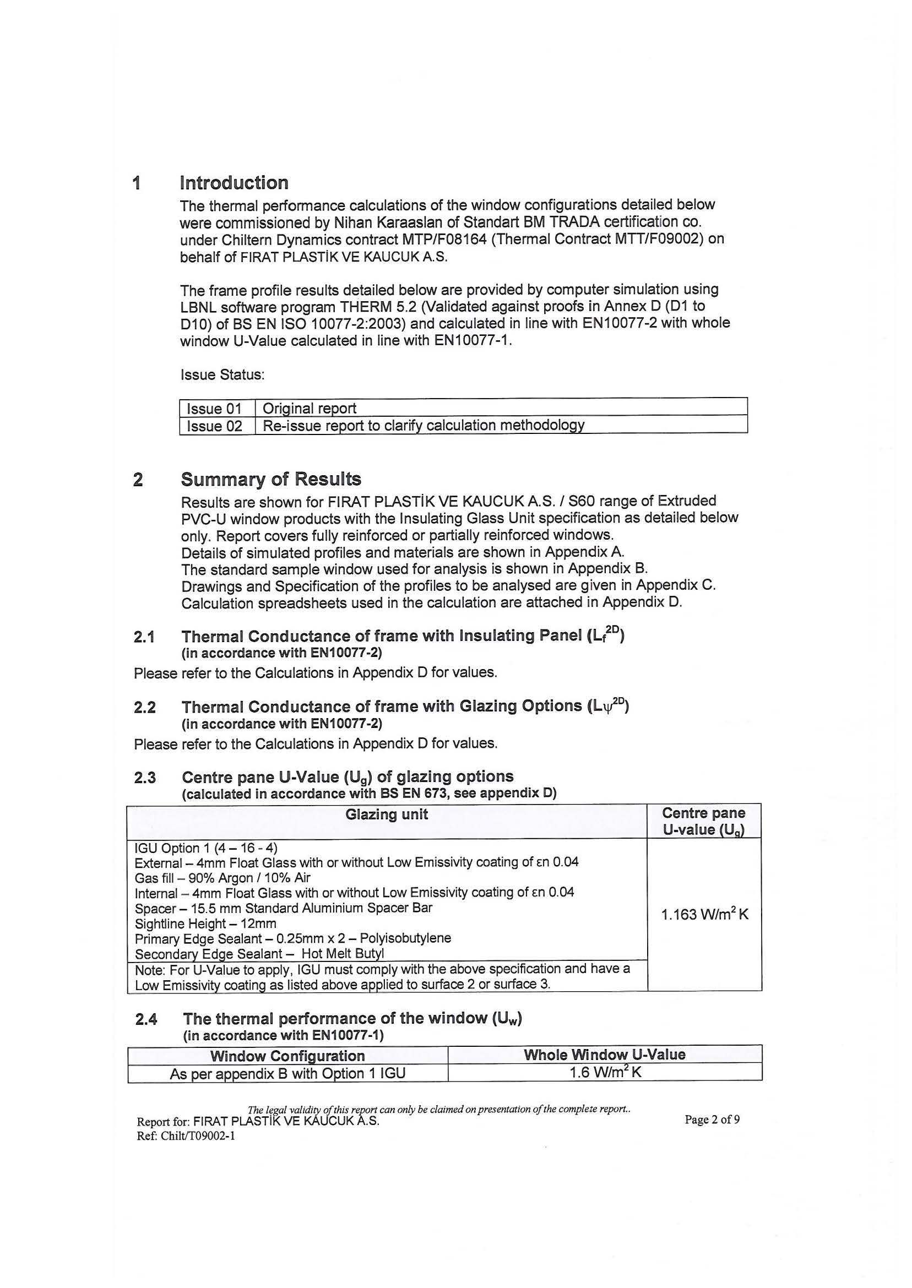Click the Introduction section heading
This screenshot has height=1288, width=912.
[x=234, y=183]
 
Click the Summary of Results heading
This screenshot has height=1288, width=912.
[x=270, y=480]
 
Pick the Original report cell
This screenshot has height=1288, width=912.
[x=310, y=409]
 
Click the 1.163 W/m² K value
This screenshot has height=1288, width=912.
[x=704, y=915]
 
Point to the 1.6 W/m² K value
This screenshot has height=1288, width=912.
[x=605, y=1073]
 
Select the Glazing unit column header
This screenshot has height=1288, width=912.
[x=387, y=814]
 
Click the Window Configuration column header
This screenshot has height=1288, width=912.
[x=287, y=1056]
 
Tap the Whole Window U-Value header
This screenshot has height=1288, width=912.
[x=604, y=1055]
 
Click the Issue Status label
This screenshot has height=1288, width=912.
[x=222, y=374]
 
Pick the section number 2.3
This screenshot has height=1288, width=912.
[x=145, y=778]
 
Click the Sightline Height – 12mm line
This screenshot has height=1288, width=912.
[x=205, y=923]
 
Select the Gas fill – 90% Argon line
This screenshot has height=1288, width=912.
[x=222, y=878]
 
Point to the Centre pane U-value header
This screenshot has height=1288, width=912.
[x=704, y=822]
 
